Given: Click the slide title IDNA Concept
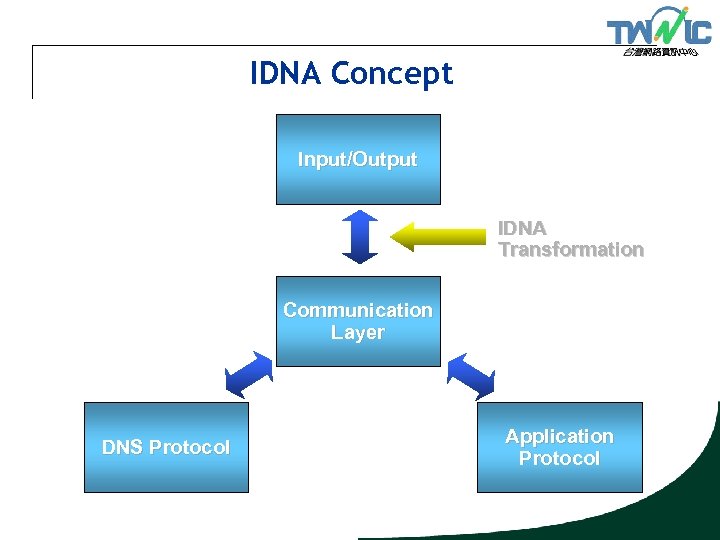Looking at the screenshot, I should pos(351,73).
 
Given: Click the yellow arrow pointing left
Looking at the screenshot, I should pos(437,236).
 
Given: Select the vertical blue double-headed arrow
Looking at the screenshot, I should pos(358,237).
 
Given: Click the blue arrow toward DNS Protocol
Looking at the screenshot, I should pos(249,376).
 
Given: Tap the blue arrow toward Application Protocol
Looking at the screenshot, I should pos(470,376).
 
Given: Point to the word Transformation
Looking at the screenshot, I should pos(570,250).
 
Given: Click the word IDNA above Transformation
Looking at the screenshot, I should pos(522,228).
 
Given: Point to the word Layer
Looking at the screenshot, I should pos(358,333).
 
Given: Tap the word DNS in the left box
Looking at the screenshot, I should pos(122,448).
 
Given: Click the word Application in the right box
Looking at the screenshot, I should pos(559,436).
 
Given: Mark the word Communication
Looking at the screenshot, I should pos(358,310).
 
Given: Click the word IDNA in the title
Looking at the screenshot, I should pos(287,73).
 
